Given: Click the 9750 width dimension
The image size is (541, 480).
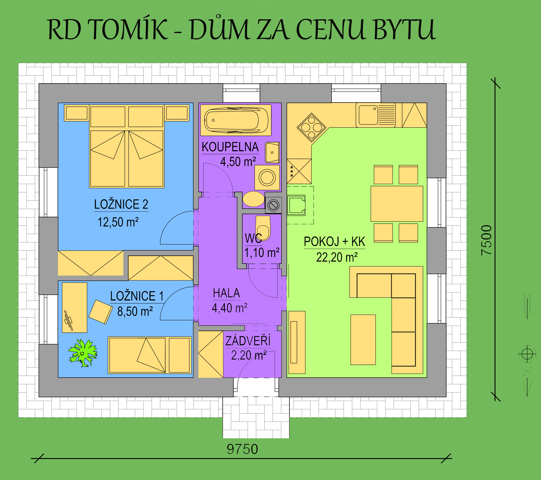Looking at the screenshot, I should [x=242, y=449].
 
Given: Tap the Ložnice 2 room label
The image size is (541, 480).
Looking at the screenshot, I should [x=121, y=205].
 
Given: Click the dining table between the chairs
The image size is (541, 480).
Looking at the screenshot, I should [x=397, y=204].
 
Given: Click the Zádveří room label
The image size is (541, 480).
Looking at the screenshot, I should [x=248, y=341].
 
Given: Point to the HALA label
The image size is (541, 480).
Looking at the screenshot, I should [x=226, y=293].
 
